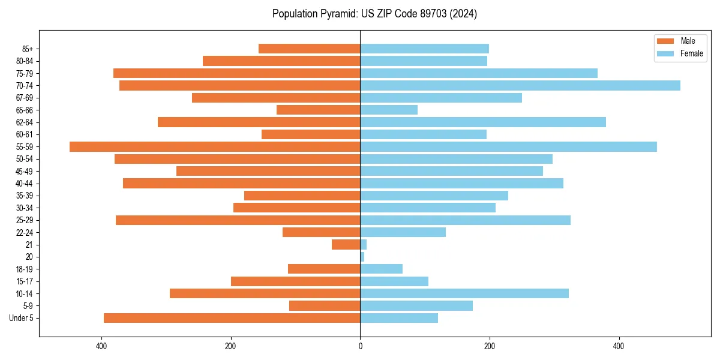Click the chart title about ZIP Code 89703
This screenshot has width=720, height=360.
pos(374,14)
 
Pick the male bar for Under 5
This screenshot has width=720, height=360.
pos(232,318)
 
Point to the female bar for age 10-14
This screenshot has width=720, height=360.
pos(464,293)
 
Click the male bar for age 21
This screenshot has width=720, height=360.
pos(346,245)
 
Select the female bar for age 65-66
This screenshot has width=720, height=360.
pos(389,110)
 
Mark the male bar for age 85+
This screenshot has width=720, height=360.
pos(310,49)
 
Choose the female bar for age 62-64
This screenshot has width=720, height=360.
pos(483,122)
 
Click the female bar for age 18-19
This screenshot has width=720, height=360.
pos(382,269)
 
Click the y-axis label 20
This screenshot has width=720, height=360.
pos(29,257)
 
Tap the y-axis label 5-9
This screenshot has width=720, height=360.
pos(27,306)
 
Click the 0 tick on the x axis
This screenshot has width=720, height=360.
pos(360,346)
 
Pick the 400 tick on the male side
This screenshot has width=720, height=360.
pos(101,346)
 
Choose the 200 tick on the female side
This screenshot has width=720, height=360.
pos(490,346)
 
